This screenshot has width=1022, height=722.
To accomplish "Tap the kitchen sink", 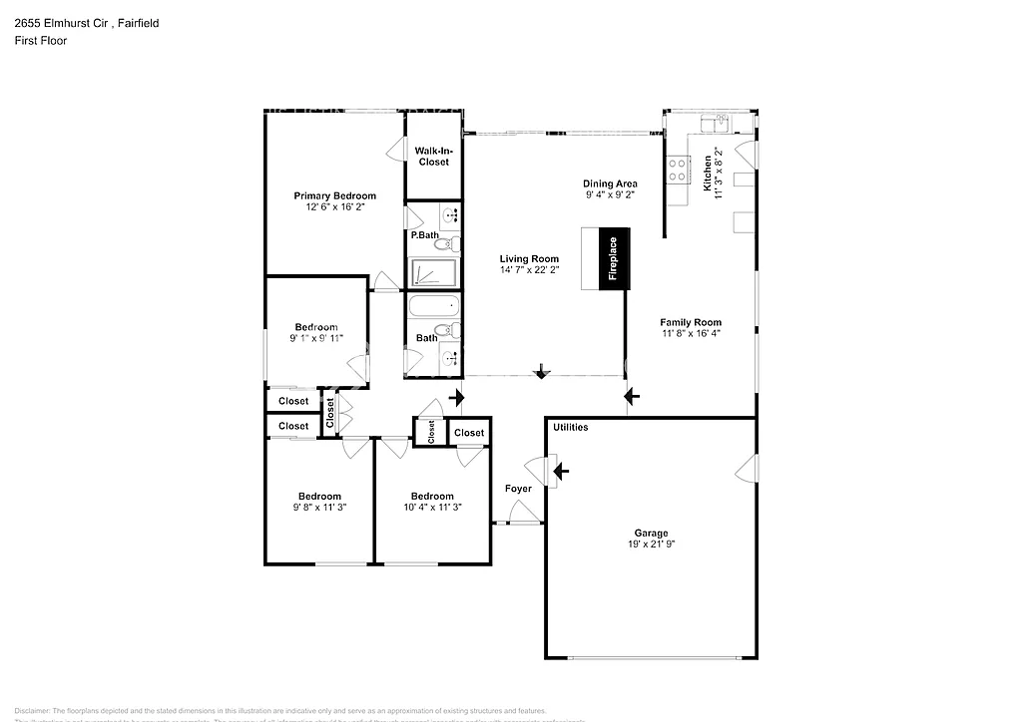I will coord(715,123).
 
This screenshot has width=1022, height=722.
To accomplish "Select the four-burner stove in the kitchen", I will coord(679,170).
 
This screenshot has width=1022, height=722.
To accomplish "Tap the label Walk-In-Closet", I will coord(432,157).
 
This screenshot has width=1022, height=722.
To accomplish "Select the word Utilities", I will coord(570,428).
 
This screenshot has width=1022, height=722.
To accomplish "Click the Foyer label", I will coord(518,489).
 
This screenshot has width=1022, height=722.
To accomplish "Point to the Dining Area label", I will coord(610,183).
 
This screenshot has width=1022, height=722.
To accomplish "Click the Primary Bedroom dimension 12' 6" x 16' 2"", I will coord(334,208).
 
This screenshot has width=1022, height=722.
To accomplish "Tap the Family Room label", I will coord(690,322).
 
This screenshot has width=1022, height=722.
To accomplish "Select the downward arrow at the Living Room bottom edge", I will coord(542,372).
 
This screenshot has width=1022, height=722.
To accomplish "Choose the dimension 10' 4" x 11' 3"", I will coord(432,508).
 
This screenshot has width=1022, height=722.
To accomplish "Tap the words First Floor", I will coord(40,41).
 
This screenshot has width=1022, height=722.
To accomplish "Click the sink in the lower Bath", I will coord(450,356).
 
